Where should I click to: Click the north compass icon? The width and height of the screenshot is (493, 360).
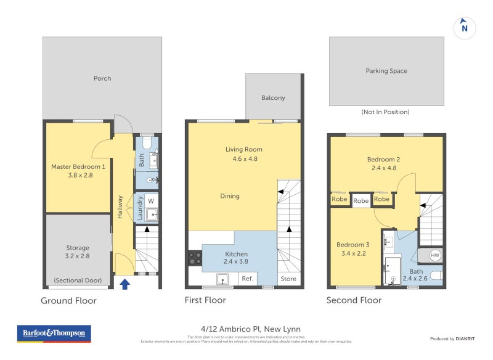(465, 27)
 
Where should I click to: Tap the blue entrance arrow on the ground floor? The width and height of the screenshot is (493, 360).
(125, 284)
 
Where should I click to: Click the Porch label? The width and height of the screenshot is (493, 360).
(102, 78)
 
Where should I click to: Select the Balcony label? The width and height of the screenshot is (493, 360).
(273, 97)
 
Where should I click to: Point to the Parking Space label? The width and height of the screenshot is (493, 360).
(386, 71)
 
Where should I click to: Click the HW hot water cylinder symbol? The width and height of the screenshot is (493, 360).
(435, 255)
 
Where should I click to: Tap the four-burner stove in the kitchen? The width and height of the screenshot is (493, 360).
(195, 258)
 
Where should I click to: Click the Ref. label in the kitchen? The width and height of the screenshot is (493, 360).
(248, 279)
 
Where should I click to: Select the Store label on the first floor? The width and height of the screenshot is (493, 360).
(288, 279)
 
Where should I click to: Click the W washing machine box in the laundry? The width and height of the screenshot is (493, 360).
(151, 200)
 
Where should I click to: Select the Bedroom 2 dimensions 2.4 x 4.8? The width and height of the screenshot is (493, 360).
(386, 168)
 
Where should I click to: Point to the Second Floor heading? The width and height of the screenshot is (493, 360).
(354, 300)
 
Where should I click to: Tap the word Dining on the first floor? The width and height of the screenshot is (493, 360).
(230, 196)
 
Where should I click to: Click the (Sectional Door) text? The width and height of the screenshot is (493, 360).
(78, 280)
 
